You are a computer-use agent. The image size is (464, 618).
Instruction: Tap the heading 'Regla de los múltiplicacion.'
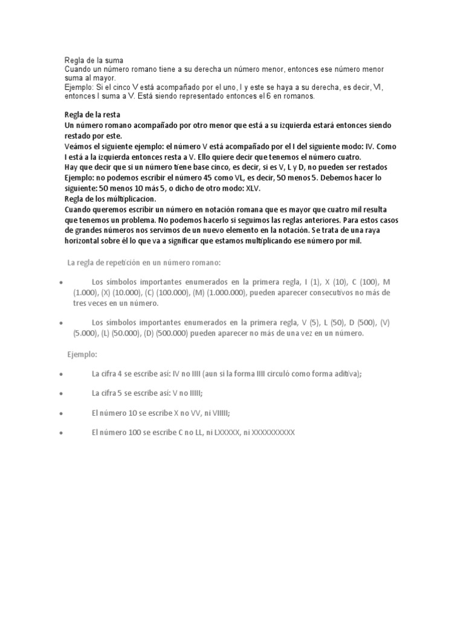pyautogui.click(x=111, y=198)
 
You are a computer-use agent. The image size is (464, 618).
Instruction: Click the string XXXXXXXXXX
pyautogui.click(x=272, y=432)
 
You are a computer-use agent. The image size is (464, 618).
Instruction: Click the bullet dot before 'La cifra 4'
pyautogui.click(x=63, y=375)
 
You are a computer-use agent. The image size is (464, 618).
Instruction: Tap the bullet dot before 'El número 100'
pyautogui.click(x=63, y=433)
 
